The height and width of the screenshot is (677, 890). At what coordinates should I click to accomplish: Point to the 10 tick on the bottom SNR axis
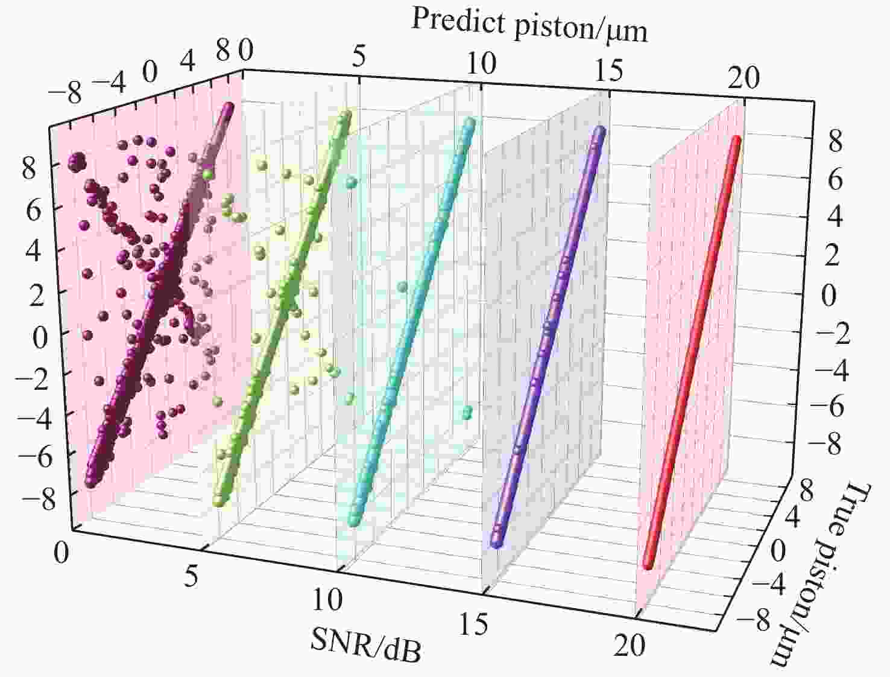point(328,600)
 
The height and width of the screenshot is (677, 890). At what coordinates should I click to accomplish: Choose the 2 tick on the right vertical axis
point(832,256)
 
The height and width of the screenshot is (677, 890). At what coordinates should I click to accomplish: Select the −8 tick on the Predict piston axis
point(66,94)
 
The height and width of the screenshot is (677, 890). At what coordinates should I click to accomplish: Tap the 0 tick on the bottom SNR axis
point(61,553)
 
